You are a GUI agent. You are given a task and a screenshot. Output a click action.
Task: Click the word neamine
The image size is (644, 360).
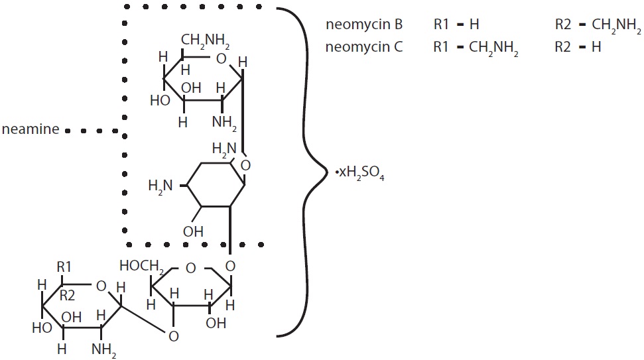31,130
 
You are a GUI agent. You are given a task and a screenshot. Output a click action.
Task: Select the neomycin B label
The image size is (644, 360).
364,25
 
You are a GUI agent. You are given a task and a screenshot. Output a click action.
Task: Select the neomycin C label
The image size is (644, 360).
364,48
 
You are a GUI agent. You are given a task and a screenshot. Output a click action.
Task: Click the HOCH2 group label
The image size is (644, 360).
141,266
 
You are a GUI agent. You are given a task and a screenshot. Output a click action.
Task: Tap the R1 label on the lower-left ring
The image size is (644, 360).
64,268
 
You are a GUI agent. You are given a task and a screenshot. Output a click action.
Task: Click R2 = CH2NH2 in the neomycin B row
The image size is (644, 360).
598,26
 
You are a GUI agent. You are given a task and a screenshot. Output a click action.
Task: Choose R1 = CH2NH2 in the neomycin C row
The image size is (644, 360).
475,48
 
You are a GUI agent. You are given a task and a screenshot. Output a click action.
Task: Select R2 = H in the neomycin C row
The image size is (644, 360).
578,48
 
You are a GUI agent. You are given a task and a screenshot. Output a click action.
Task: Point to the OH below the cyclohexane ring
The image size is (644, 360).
193,231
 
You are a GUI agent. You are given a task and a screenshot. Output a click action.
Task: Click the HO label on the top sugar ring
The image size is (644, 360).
159,101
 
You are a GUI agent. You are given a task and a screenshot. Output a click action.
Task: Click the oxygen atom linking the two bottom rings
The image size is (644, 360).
173,336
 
